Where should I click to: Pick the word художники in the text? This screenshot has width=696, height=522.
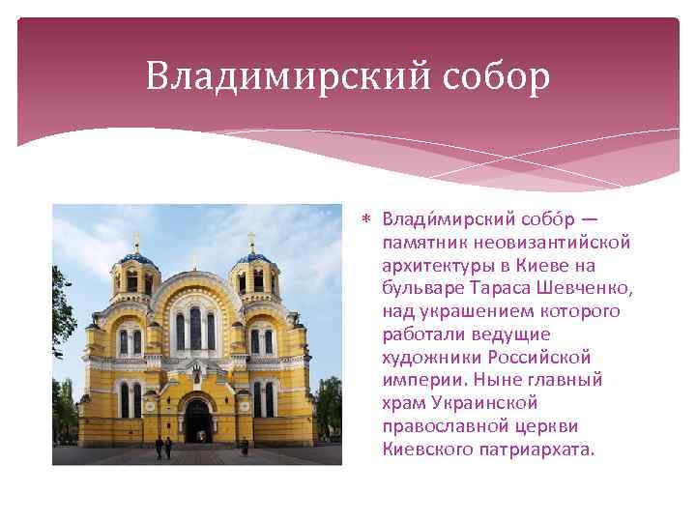(x=429, y=358)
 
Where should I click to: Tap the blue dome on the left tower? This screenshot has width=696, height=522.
(x=136, y=258)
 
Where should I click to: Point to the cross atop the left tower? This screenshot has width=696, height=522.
(x=136, y=238)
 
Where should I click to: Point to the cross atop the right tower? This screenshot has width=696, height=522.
(x=252, y=238)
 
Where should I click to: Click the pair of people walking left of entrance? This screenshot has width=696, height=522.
(x=162, y=448)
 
